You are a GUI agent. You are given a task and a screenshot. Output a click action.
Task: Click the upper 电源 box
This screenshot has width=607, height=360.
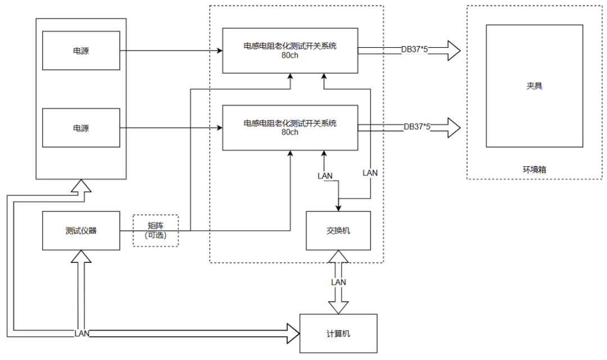coord(81,51)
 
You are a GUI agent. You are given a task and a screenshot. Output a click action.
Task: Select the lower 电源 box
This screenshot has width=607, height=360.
coord(81,128)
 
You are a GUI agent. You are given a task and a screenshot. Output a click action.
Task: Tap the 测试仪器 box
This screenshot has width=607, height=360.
coord(81,230)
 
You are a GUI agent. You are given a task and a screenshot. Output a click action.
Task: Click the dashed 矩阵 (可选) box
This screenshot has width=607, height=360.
coord(155,230)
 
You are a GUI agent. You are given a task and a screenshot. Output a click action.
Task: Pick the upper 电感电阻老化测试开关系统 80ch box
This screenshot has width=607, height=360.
coord(289,51)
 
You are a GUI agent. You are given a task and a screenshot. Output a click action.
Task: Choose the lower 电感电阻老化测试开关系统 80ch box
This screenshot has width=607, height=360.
coord(289,127)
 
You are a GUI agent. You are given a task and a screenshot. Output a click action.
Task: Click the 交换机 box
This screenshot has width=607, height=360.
coord(338,230)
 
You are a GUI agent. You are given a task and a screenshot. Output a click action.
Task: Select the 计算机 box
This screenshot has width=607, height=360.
coord(338,333)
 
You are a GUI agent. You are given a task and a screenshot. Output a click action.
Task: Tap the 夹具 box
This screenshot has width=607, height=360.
coord(534,86)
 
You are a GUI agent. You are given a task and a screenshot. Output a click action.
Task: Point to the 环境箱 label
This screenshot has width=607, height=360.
coord(534,168)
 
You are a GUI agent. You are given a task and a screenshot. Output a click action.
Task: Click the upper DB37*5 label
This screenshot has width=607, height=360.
coord(415,49)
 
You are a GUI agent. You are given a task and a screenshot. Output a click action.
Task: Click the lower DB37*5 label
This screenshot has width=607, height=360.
coord(417,126)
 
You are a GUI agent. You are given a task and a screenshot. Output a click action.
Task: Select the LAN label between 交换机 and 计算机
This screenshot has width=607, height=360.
coord(338,282)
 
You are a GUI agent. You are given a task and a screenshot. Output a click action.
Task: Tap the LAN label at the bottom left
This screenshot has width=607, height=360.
coord(82,334)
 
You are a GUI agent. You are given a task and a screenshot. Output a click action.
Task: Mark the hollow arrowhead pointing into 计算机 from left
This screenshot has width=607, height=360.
coord(293,333)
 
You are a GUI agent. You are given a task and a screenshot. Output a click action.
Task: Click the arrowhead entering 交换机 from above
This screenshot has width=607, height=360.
coord(338,207)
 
